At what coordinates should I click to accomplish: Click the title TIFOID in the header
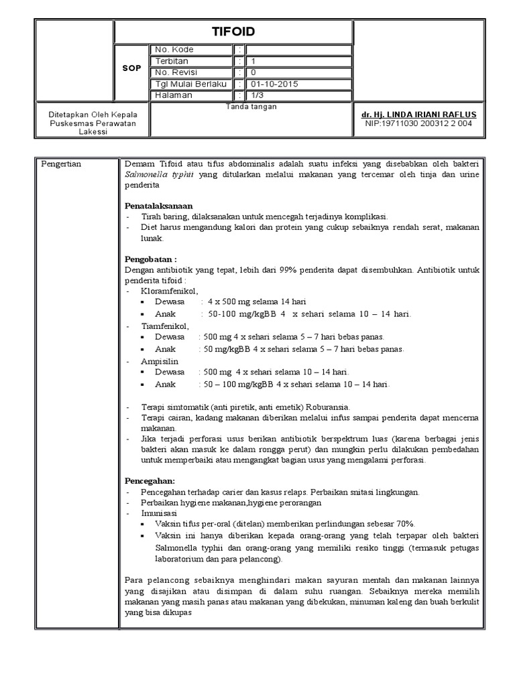pos(234,31)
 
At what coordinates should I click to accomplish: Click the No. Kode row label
pos(174,50)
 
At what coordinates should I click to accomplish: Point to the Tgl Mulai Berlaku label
pos(190,84)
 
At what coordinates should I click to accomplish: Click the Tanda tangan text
pos(251,106)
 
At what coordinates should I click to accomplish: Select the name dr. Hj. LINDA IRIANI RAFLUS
pos(418,115)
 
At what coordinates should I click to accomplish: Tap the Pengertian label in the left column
pos(61,164)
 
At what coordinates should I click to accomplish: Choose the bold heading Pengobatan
pos(151,259)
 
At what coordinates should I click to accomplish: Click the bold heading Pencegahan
pos(150,481)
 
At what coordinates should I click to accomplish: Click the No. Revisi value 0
pos(253,72)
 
